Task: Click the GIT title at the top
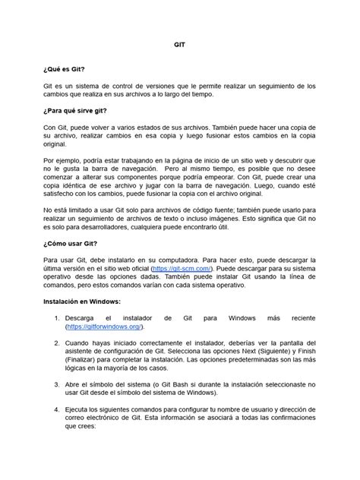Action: click(x=180, y=45)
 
